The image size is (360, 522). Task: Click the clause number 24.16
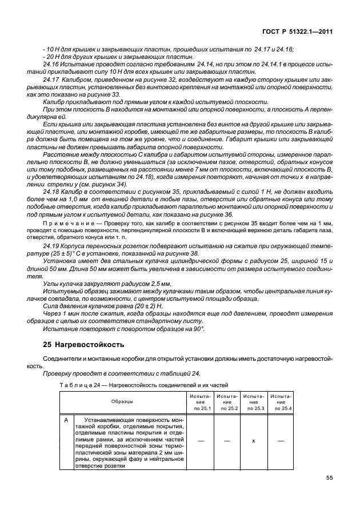[x=52, y=65]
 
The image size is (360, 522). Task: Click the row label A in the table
[x=66, y=420]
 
